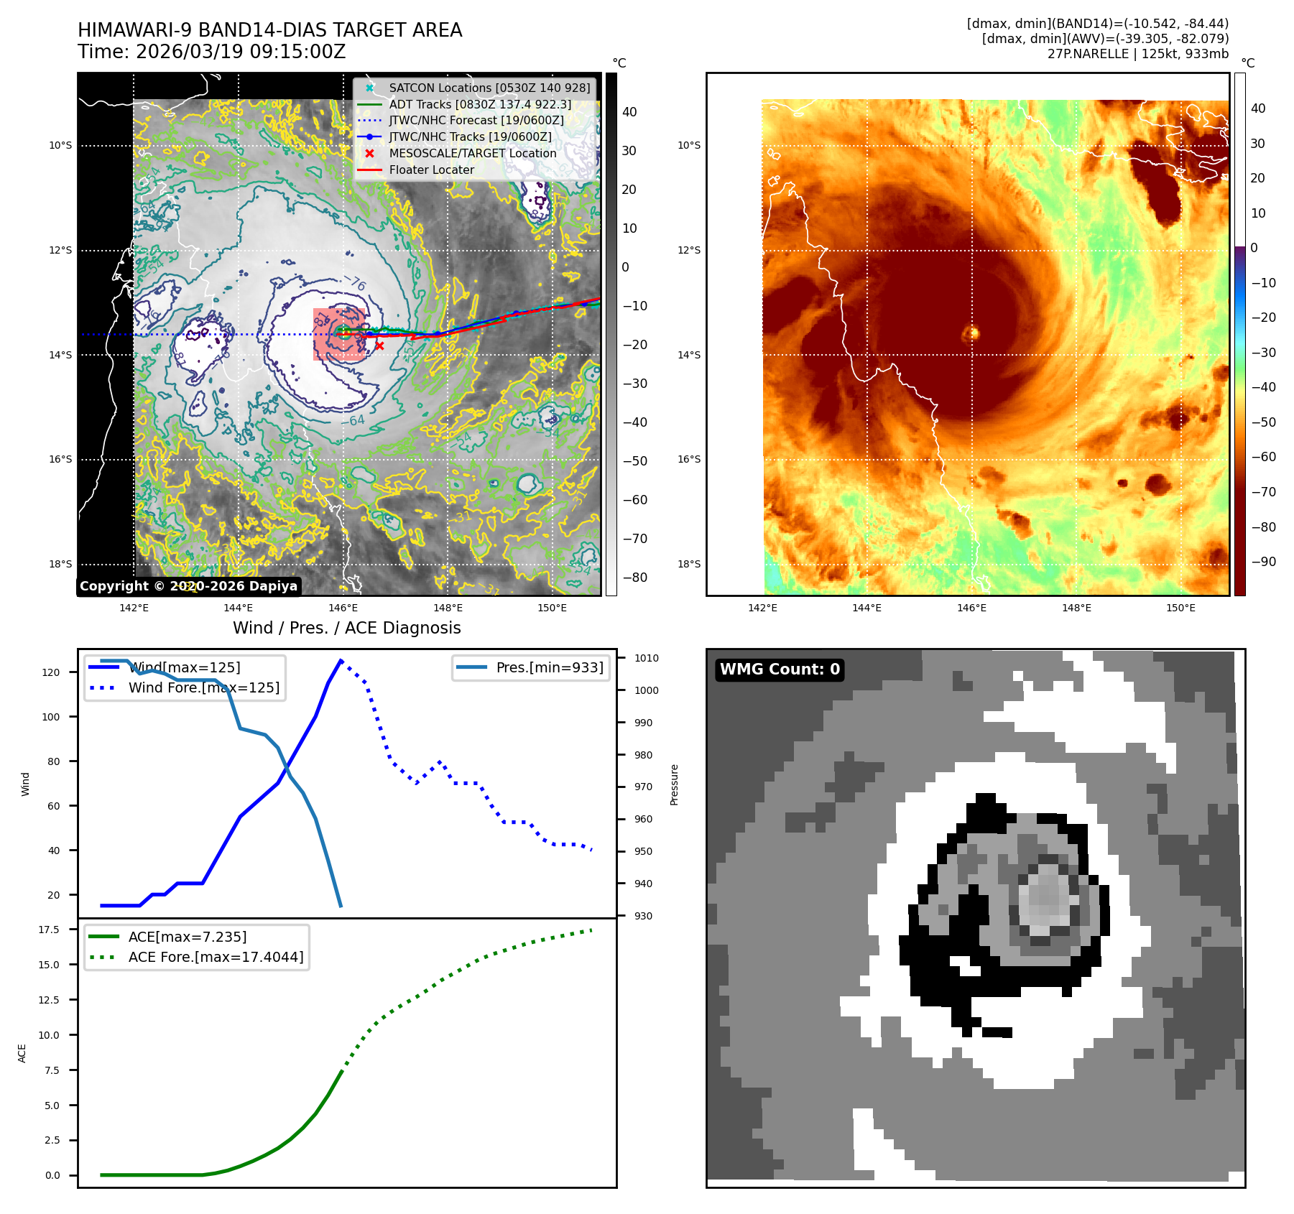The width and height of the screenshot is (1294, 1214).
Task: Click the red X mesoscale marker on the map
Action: tap(379, 346)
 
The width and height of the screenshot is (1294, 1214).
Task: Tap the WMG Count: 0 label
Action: tap(780, 669)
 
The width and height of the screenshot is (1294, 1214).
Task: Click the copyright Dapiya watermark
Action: tap(188, 586)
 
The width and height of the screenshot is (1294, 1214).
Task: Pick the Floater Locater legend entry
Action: tap(431, 170)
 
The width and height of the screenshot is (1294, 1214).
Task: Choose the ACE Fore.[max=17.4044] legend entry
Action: tap(216, 957)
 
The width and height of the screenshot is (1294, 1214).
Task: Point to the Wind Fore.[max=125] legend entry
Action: tap(204, 687)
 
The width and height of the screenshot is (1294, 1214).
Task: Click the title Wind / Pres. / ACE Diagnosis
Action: tap(346, 628)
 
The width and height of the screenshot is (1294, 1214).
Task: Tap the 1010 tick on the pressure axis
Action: tap(646, 658)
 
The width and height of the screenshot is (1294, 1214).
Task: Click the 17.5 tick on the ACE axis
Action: tap(49, 930)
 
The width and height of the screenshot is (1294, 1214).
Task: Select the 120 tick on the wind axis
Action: tap(51, 672)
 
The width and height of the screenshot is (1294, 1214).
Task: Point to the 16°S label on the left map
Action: tap(60, 460)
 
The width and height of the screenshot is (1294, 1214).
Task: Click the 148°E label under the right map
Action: tap(1076, 608)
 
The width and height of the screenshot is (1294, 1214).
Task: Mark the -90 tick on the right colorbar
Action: tap(1263, 562)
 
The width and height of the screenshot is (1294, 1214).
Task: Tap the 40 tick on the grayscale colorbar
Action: tap(629, 112)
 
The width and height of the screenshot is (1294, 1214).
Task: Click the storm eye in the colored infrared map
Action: tap(971, 333)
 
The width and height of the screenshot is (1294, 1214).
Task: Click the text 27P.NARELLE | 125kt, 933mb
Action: tap(1137, 54)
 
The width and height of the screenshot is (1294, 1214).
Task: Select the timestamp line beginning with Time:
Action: tap(212, 52)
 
